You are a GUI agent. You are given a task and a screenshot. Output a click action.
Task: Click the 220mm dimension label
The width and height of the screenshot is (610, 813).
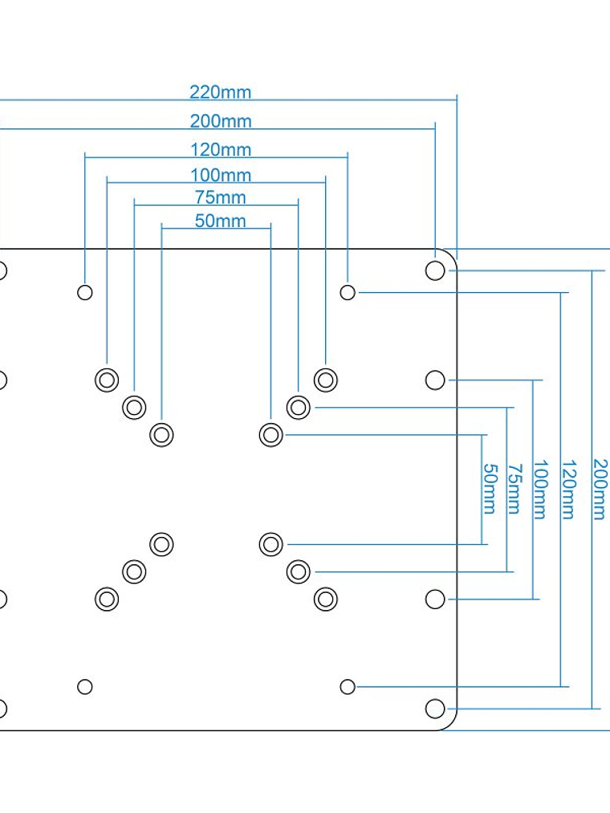(x=221, y=92)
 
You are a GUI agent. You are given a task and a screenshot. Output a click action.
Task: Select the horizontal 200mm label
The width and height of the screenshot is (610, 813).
(x=221, y=122)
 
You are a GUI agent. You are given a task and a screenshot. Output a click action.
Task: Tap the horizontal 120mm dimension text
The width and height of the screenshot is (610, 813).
(x=221, y=150)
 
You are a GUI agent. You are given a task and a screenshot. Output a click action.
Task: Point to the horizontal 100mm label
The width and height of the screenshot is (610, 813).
(x=221, y=176)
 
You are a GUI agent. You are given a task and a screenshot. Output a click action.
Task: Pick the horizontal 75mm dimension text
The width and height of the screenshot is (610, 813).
(x=221, y=197)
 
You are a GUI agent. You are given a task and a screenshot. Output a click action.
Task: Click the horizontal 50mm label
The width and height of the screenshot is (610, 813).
(x=221, y=222)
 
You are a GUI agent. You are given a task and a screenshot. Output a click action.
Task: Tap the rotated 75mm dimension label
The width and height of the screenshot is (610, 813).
(x=514, y=488)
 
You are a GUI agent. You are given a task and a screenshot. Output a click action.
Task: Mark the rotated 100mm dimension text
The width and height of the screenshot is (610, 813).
(x=539, y=489)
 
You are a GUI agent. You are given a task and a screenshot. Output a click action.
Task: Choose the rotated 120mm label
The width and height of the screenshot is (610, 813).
(x=568, y=489)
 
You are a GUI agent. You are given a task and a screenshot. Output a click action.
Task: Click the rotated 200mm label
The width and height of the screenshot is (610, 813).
(x=600, y=489)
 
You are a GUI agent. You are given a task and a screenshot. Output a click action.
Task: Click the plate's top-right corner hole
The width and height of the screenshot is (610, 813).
(x=435, y=270)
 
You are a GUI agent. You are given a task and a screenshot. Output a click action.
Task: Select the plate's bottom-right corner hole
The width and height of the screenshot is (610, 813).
(x=435, y=709)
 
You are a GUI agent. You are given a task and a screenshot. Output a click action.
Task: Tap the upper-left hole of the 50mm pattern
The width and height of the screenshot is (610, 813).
(x=161, y=435)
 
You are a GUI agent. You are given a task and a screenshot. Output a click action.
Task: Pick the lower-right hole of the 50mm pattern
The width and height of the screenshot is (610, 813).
(x=271, y=544)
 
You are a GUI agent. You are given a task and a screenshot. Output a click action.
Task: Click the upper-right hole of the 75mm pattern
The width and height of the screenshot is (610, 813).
(x=299, y=407)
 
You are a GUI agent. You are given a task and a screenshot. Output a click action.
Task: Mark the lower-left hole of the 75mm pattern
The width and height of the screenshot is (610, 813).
(x=134, y=571)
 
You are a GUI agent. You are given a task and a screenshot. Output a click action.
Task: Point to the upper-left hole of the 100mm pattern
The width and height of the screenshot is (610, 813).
(x=107, y=380)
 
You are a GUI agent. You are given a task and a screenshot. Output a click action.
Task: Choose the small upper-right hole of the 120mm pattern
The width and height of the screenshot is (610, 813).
(x=348, y=292)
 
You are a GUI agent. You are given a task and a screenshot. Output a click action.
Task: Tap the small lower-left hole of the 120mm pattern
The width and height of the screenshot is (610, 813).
(x=85, y=687)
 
